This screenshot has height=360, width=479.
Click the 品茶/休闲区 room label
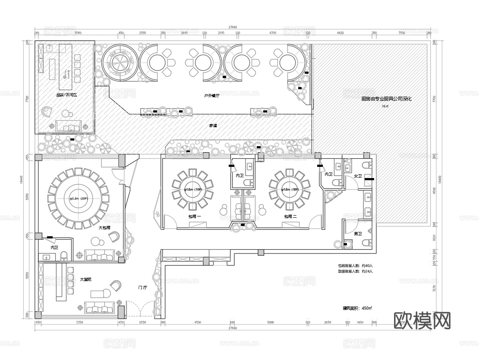[66, 95]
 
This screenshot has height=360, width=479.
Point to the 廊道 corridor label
[212, 126]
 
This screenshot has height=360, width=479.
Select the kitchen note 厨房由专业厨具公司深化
[387, 99]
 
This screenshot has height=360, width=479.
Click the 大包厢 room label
[104, 227]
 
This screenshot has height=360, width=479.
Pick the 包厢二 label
[290, 216]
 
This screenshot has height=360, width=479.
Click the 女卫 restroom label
[357, 176]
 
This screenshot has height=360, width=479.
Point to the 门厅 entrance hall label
[143, 287]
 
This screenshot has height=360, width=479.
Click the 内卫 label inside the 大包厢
[54, 248]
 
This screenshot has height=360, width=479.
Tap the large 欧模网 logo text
[422, 320]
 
